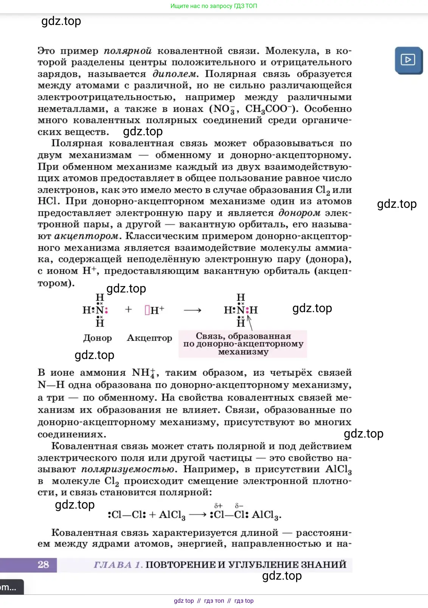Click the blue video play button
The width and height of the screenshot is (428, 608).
point(408,60)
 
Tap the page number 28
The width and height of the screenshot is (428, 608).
point(43,565)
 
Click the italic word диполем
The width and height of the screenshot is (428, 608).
point(175,74)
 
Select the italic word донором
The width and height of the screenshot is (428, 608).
point(299,213)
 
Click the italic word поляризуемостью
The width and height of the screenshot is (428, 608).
point(129,469)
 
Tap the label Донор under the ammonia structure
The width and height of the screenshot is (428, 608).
point(98,338)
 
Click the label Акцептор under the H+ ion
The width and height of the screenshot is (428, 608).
point(149,338)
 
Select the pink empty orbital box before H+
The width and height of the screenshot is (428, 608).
point(147,310)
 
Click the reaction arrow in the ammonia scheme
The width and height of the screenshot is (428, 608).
point(192,310)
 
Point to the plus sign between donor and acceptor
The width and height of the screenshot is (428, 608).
point(129,309)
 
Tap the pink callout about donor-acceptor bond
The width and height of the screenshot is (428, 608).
point(243,344)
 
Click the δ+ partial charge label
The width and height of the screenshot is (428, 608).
point(218,506)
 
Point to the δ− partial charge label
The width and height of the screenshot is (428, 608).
point(239,506)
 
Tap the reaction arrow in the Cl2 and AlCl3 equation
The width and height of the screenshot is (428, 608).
point(197,515)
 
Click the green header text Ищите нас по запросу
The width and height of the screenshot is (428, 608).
point(214,6)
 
